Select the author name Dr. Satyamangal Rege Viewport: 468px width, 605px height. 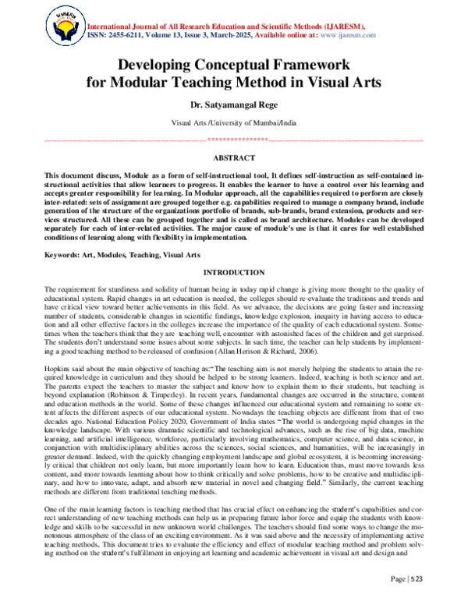(x=234, y=103)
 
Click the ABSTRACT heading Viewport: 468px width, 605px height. (x=234, y=157)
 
